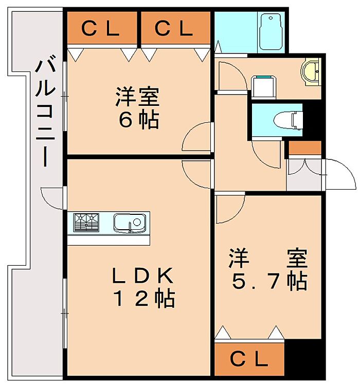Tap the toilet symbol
click(288, 120)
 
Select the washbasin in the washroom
click(311, 72)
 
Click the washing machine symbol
click(263, 87)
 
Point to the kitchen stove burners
click(86, 223)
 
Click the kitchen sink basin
click(130, 223)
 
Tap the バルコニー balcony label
click(45, 110)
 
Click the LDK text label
click(143, 275)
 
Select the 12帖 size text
click(144, 298)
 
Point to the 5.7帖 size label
click(269, 281)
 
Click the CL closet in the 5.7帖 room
click(249, 359)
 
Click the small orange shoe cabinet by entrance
click(305, 148)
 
